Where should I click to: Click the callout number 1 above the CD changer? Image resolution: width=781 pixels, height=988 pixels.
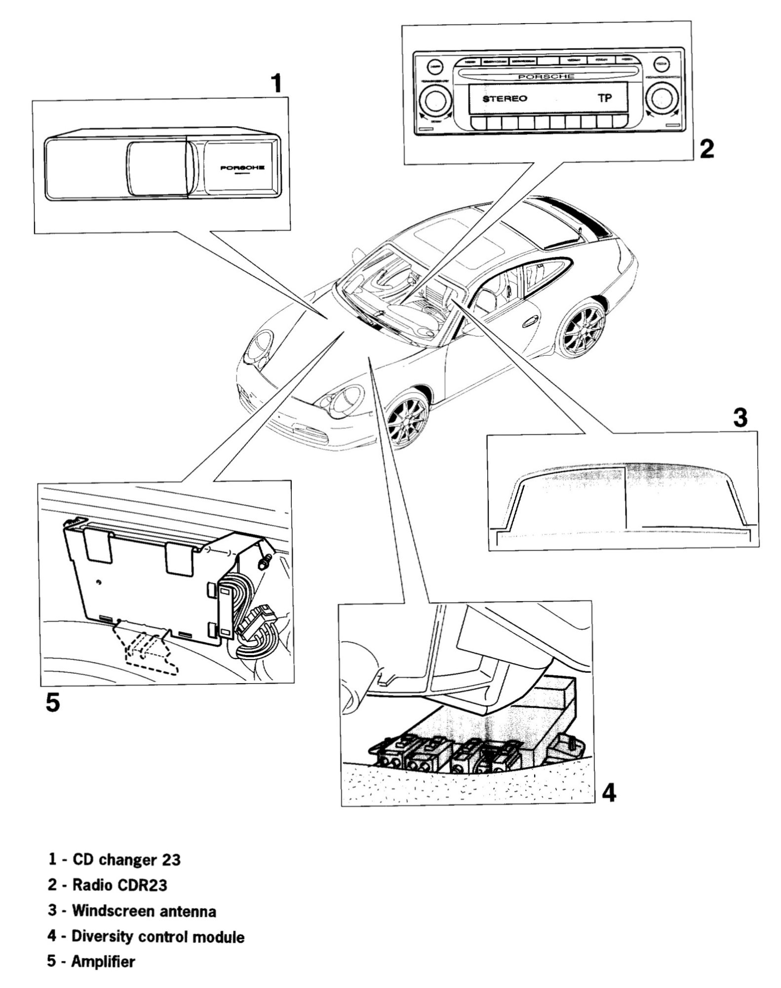click(x=277, y=83)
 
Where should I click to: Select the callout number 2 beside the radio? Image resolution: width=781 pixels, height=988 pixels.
click(x=706, y=148)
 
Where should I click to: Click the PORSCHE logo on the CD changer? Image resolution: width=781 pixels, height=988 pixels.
click(x=242, y=167)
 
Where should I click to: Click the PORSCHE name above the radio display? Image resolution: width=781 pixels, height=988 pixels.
click(x=546, y=77)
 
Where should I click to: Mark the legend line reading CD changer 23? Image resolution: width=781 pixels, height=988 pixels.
click(x=115, y=860)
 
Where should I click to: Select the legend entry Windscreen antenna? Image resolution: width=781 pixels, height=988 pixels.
click(x=132, y=910)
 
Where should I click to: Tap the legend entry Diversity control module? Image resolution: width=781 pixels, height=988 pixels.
click(x=146, y=936)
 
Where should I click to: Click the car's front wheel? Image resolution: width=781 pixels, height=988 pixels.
click(x=406, y=414)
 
